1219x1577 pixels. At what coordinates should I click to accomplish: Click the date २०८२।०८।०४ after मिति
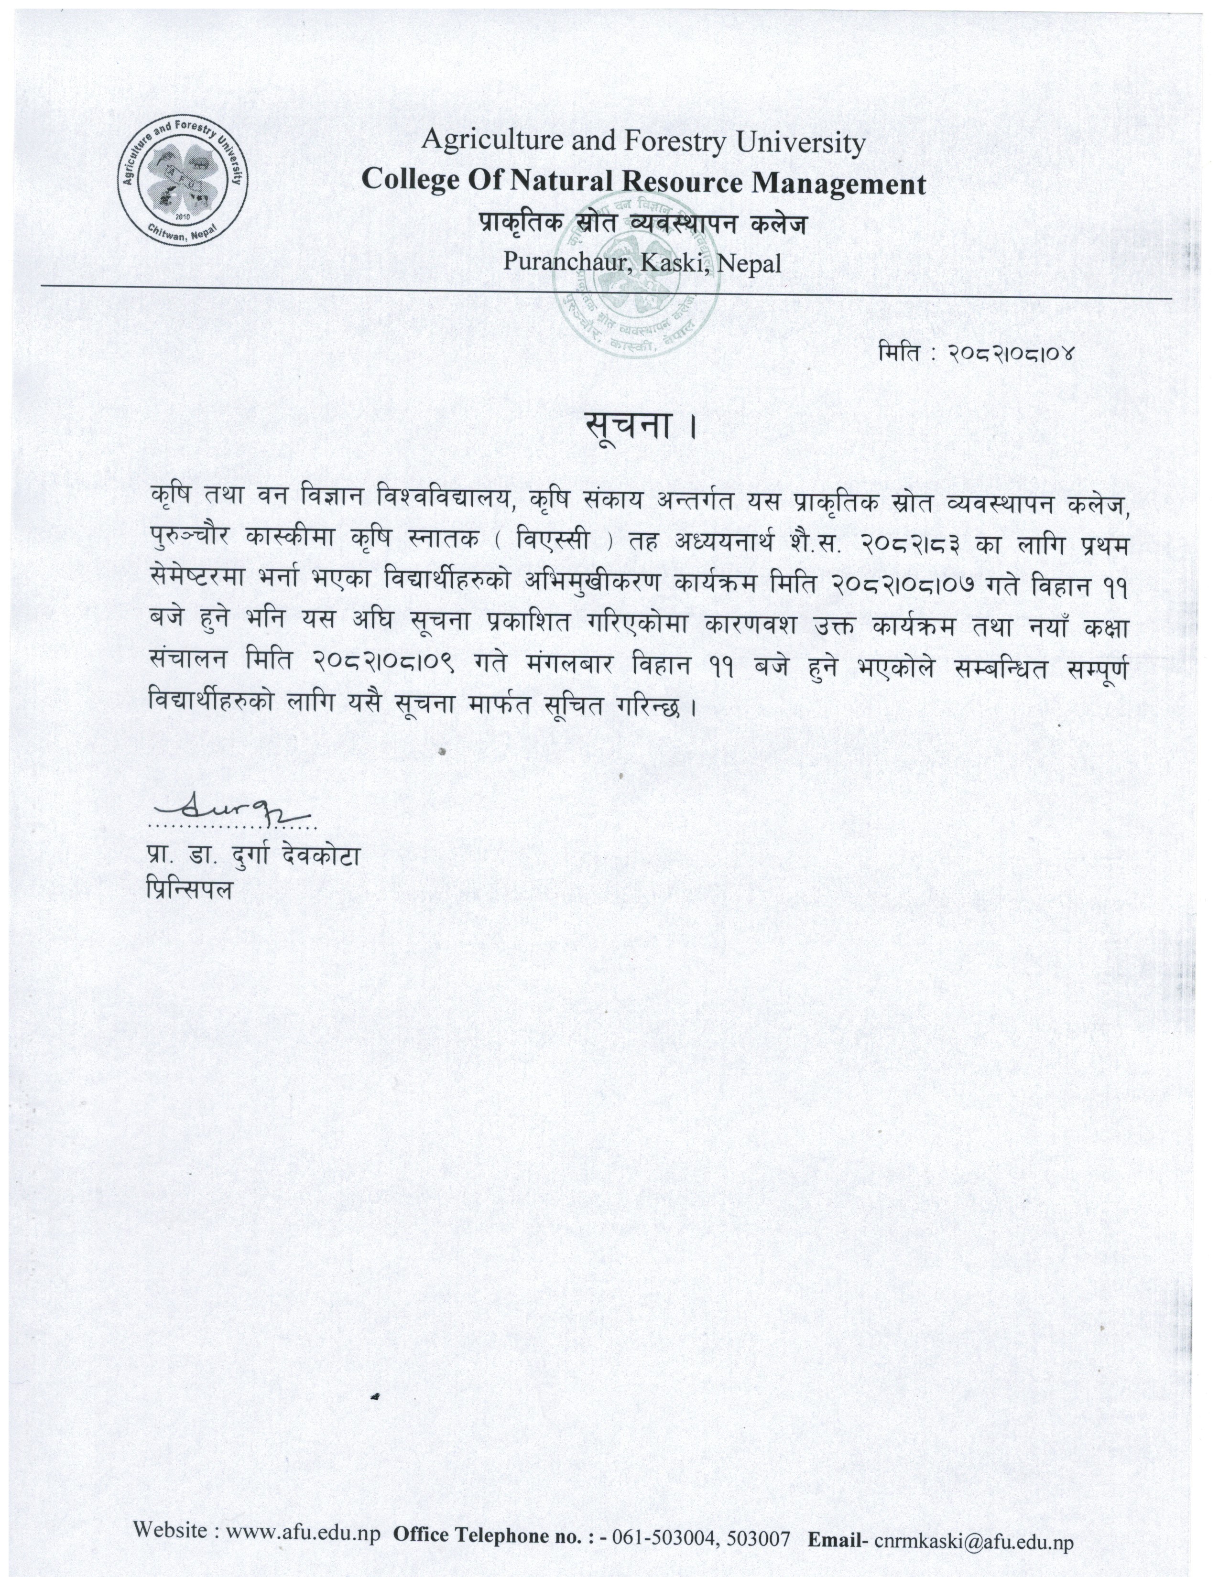click(x=1011, y=354)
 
